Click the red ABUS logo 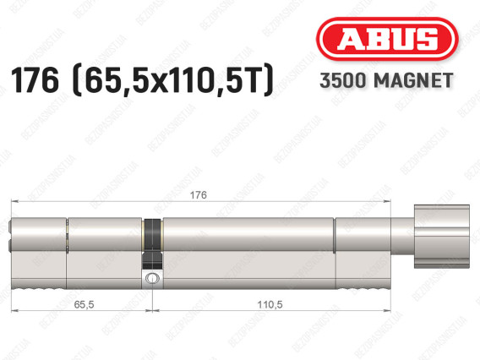pos(387,39)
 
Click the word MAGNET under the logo pos(413,80)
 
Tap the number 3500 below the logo pos(342,80)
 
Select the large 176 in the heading pos(35,80)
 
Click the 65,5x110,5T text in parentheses pos(173,80)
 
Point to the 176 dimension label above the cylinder pos(199,195)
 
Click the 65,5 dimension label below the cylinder pos(84,304)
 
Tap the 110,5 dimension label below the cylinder pos(270,304)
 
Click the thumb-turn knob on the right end pos(441,237)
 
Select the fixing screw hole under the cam pos(151,278)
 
